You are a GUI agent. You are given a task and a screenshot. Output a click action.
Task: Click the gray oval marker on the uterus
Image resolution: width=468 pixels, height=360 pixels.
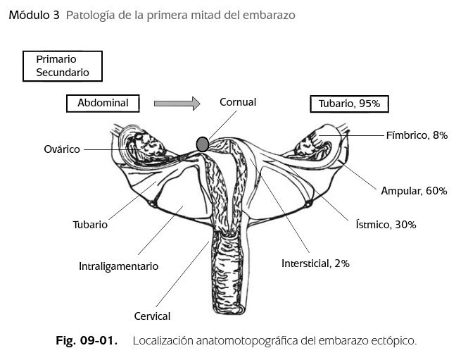203,144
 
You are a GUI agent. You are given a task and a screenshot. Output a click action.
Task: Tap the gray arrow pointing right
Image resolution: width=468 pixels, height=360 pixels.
177,104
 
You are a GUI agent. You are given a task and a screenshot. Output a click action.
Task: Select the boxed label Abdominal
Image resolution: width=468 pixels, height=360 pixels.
103,103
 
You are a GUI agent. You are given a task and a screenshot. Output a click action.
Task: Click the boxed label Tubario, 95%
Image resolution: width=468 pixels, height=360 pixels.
349,104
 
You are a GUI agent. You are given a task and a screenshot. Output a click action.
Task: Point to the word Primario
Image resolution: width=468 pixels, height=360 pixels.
56,59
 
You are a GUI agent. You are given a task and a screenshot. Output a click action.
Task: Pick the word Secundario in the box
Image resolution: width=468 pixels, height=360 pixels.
63,72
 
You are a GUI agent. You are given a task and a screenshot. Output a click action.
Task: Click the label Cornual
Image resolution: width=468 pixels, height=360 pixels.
238,102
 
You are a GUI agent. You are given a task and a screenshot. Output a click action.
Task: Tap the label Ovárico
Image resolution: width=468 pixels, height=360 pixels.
62,149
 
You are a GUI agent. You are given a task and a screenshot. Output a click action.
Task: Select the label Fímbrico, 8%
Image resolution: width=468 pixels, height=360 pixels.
417,135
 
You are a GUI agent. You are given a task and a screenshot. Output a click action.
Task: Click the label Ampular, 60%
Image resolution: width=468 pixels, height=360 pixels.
415,191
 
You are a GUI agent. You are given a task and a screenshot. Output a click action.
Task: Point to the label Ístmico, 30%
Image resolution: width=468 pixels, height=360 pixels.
386,225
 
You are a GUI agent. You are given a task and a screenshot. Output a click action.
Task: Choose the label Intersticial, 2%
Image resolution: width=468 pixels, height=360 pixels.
315,263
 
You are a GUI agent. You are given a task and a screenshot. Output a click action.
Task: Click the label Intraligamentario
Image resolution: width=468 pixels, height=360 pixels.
118,266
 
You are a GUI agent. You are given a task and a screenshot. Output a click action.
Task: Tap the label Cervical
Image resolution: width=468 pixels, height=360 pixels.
152,316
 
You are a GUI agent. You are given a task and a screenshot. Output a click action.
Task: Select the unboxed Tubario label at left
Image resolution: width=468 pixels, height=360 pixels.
90,225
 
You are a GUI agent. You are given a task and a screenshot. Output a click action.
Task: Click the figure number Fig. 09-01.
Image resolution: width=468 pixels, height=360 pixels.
86,341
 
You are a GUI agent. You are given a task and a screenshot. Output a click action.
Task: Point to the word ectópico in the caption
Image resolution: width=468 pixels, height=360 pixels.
394,341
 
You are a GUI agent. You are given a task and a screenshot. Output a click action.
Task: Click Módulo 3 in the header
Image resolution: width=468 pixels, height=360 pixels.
34,14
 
